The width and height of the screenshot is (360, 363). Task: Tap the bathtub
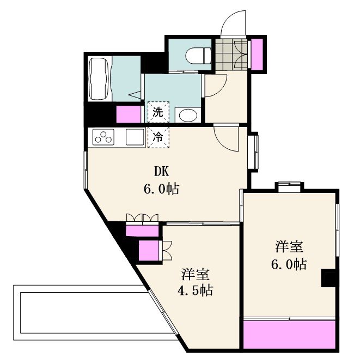point(98,79)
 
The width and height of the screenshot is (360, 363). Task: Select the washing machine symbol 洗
point(158,113)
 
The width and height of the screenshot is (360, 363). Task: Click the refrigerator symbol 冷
point(158,137)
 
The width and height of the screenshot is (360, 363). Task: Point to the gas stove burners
point(103,137)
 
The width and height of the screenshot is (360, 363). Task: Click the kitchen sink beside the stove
point(134,137)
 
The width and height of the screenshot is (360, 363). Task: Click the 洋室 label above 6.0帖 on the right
point(289,246)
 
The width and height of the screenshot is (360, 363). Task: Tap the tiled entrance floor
point(230,55)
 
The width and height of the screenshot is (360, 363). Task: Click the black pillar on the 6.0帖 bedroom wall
point(328,278)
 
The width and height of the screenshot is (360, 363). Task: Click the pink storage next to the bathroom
point(129,114)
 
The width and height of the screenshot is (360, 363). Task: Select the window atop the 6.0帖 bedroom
point(289,187)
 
